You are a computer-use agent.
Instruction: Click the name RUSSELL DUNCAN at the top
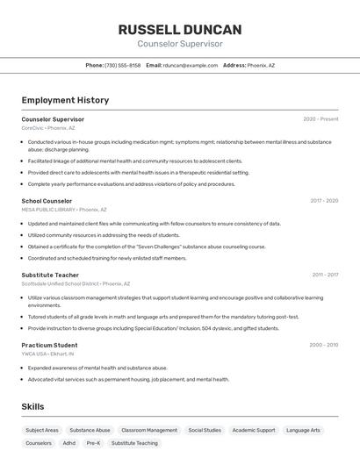(x=180, y=29)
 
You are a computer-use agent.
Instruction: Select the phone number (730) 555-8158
(x=122, y=65)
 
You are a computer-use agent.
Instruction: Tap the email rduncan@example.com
(x=190, y=65)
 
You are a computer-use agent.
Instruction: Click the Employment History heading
(x=65, y=100)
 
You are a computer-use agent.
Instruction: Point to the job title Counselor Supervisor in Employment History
(x=53, y=119)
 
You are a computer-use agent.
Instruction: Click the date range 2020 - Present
(x=320, y=119)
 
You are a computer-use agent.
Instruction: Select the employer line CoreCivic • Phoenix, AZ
(x=48, y=127)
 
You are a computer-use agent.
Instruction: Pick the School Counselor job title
(x=47, y=201)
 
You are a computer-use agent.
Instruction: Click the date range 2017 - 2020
(x=323, y=201)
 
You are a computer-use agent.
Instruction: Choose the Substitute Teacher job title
(x=50, y=275)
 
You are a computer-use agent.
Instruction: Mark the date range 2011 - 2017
(x=325, y=275)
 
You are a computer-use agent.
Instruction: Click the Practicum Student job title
(x=49, y=345)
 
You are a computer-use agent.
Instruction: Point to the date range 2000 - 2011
(x=323, y=345)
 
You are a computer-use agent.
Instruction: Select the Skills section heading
(x=32, y=407)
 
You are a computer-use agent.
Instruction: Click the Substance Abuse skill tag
(x=90, y=431)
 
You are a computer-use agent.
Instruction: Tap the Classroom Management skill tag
(x=149, y=431)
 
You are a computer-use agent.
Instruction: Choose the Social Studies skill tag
(x=205, y=431)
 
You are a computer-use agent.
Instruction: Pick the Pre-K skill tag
(x=93, y=443)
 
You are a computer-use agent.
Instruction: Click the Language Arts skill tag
(x=303, y=431)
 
